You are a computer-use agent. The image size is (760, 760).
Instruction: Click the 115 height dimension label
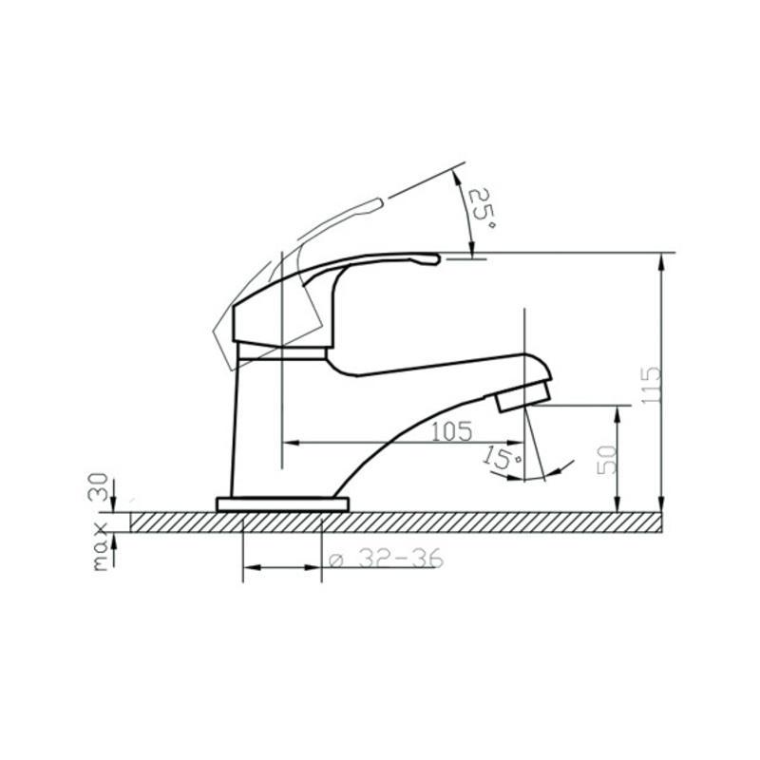coord(651,385)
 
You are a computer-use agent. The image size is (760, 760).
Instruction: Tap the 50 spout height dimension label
coord(608,460)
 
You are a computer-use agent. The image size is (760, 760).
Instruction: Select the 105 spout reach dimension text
coord(451,431)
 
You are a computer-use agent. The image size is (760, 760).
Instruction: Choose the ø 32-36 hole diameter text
coord(386,558)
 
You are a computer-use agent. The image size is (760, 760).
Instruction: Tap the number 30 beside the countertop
coord(100,486)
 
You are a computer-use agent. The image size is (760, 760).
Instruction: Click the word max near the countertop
coord(101,547)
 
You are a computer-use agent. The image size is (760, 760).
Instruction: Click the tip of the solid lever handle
coord(438,259)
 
